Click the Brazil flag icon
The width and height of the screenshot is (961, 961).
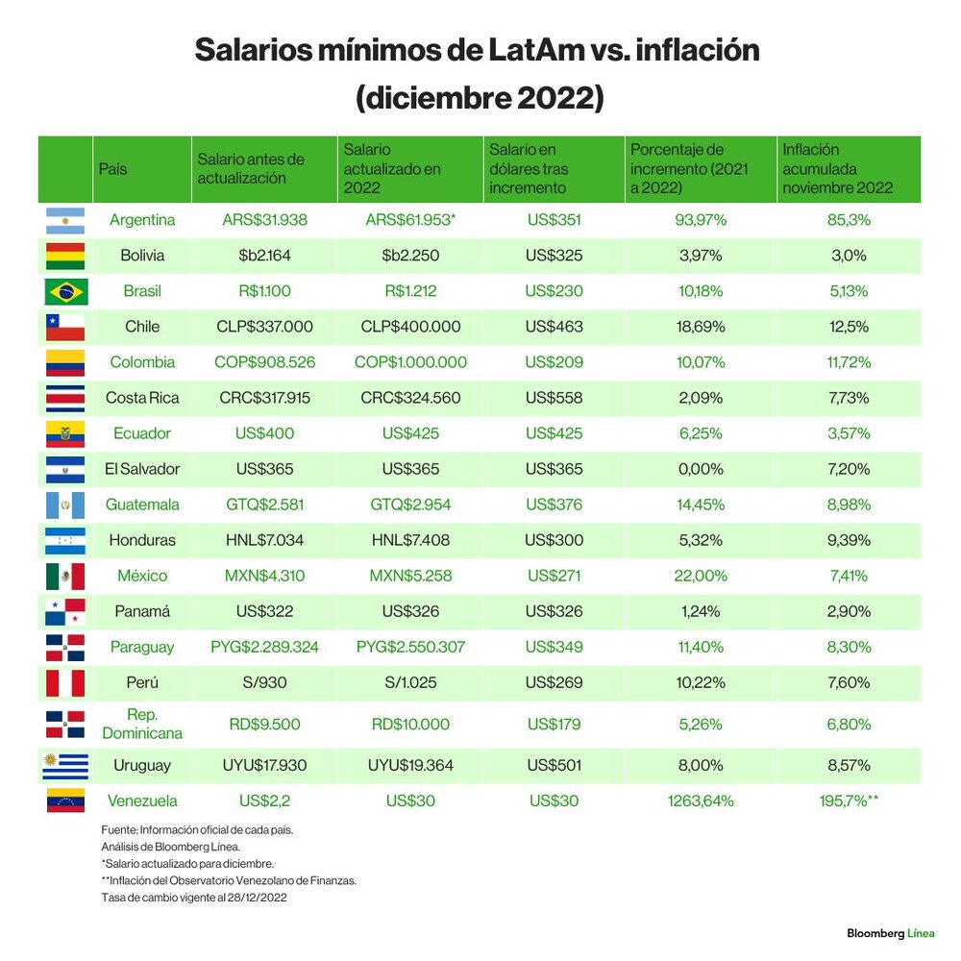point(65,292)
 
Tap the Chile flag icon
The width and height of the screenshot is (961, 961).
point(65,328)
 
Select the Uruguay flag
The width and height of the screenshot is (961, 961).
point(65,766)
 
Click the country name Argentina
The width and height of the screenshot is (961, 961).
point(142,220)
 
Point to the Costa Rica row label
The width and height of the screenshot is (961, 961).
point(142,398)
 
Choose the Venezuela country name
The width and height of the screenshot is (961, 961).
point(142,801)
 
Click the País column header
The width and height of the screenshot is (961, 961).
point(112,169)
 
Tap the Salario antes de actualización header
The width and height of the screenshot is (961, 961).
point(251,168)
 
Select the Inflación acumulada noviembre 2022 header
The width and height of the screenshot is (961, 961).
point(837,168)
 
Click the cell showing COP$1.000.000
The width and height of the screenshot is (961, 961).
point(410,362)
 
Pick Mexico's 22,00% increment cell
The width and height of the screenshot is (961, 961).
point(701,576)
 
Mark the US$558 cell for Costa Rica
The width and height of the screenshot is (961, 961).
point(554,398)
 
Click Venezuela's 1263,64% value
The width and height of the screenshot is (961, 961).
point(701,801)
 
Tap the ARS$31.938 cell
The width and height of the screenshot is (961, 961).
point(265,220)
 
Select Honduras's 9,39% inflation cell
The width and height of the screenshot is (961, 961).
point(849,540)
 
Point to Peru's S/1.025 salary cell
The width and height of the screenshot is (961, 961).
point(410,682)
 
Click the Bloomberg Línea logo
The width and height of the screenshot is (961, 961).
point(891,933)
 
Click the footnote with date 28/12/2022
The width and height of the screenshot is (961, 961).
point(194,898)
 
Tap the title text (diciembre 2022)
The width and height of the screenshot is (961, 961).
point(480,98)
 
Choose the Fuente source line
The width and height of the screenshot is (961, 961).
point(197,830)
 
